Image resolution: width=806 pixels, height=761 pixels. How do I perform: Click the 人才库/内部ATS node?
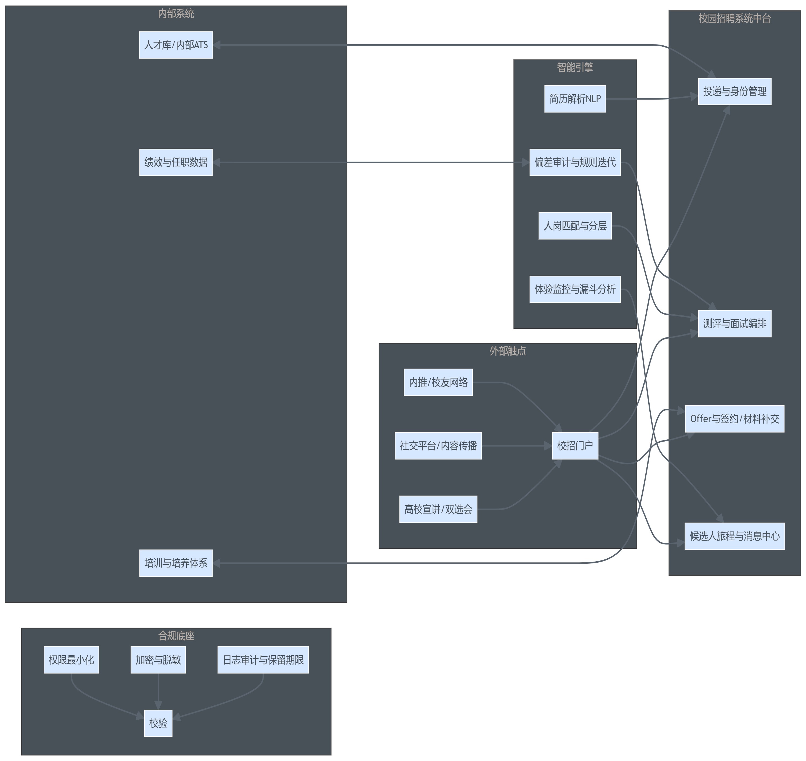tap(176, 45)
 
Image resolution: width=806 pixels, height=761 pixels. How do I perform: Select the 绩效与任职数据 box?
tap(176, 162)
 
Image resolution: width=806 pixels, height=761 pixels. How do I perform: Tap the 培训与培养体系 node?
tap(176, 563)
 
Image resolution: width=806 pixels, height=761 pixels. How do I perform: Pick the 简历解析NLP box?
tap(575, 99)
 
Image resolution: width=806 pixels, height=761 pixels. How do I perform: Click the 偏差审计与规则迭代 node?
tap(575, 162)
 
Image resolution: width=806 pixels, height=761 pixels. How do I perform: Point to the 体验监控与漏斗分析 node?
tap(575, 289)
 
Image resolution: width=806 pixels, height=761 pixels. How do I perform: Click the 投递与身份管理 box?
tap(735, 92)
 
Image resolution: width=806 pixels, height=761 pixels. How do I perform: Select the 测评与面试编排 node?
tap(735, 324)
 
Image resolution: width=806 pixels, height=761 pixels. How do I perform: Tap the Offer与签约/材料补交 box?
tap(735, 419)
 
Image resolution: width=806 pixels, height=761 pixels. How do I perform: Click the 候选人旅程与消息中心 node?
tap(735, 536)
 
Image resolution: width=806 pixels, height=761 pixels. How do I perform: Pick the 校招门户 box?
tap(575, 446)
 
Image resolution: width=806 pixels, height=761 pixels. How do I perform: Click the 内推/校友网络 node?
tap(438, 382)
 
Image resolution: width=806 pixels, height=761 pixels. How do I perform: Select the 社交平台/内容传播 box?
tap(438, 446)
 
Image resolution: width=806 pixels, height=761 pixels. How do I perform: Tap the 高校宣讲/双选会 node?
tap(438, 509)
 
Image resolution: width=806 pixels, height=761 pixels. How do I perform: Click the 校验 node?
tap(158, 723)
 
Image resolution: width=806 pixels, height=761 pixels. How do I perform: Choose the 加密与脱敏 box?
tap(158, 660)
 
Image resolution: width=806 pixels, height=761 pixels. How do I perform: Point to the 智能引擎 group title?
tap(575, 67)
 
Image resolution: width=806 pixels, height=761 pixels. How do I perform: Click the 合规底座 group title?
tap(176, 636)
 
